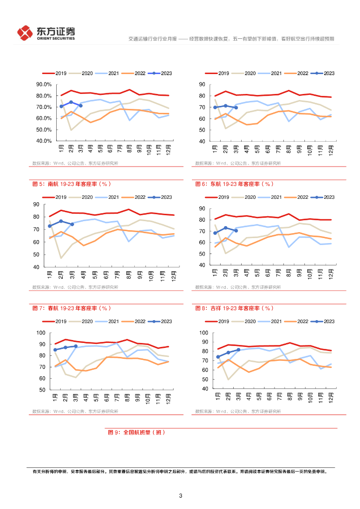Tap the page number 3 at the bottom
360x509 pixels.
pos(180,496)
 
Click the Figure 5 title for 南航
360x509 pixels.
pos(70,184)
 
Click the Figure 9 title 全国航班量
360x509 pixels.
pos(136,432)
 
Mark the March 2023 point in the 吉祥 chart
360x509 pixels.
pos(238,350)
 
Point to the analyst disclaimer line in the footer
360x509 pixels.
pos(180,472)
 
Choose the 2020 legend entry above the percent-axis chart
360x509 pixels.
pos(83,73)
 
